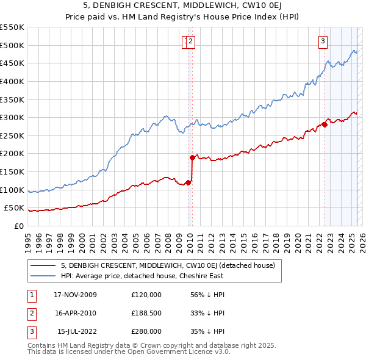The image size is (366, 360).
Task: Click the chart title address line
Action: point(182,6)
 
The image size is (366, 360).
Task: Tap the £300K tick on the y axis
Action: point(12,117)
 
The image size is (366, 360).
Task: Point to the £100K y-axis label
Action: point(12,190)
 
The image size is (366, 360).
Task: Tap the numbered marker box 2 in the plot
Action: point(191,41)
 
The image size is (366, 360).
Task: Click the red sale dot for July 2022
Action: point(325,125)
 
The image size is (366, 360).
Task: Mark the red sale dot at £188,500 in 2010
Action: point(192,157)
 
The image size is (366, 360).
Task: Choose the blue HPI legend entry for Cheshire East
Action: point(142,276)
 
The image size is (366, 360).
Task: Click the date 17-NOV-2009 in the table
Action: point(75,295)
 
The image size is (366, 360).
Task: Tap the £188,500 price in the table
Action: point(146,313)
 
